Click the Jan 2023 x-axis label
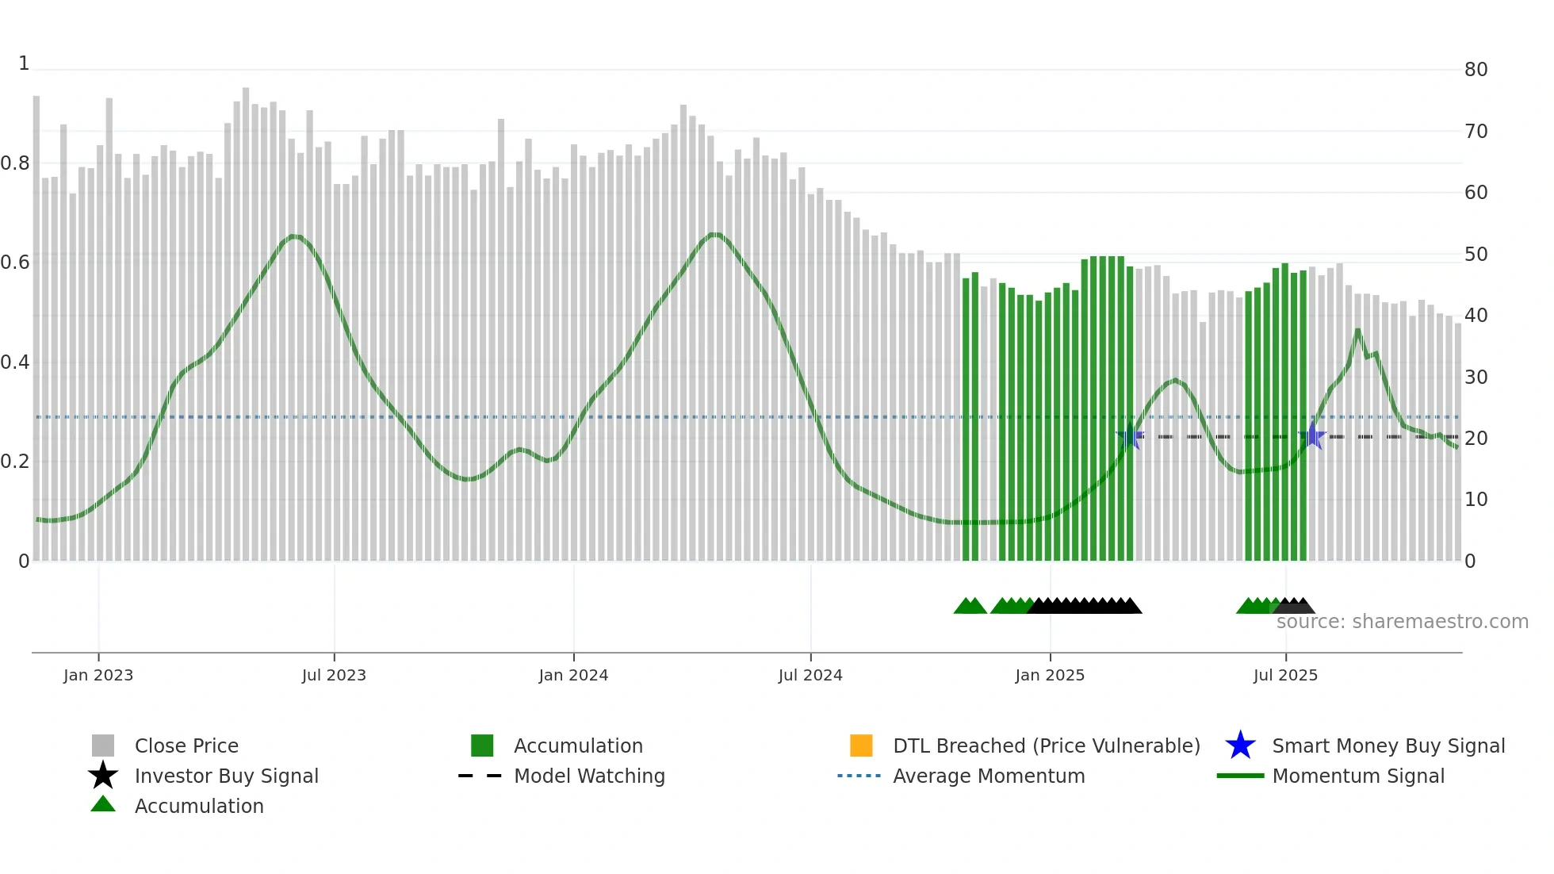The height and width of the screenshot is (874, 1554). coord(98,675)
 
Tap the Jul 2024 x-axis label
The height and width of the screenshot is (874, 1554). coord(810,675)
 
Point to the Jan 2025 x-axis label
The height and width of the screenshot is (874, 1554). coord(1050,675)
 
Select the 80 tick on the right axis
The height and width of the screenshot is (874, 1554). coord(1476,70)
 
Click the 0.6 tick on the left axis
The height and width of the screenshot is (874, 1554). coord(15,263)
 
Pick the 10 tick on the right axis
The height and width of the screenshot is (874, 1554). coord(1476,500)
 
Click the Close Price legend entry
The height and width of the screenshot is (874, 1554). coord(186,746)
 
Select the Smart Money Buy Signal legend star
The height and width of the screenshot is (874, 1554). coord(1240,746)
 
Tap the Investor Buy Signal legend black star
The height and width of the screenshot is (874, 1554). coord(103,776)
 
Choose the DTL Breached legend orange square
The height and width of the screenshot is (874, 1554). coord(861,746)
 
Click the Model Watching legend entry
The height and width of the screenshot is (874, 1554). coord(589,776)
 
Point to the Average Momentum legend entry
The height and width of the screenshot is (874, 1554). coord(989,776)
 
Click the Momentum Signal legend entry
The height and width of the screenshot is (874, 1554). coord(1358,776)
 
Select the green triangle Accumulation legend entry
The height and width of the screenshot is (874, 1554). coord(103,805)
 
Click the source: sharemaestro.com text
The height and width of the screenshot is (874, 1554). coord(1402,622)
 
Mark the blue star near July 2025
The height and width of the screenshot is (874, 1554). coord(1312,436)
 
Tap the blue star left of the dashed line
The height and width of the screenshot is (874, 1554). coord(1130,436)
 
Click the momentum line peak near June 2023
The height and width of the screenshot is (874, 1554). coord(295,236)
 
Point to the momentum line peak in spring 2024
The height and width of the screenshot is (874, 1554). coord(715,235)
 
